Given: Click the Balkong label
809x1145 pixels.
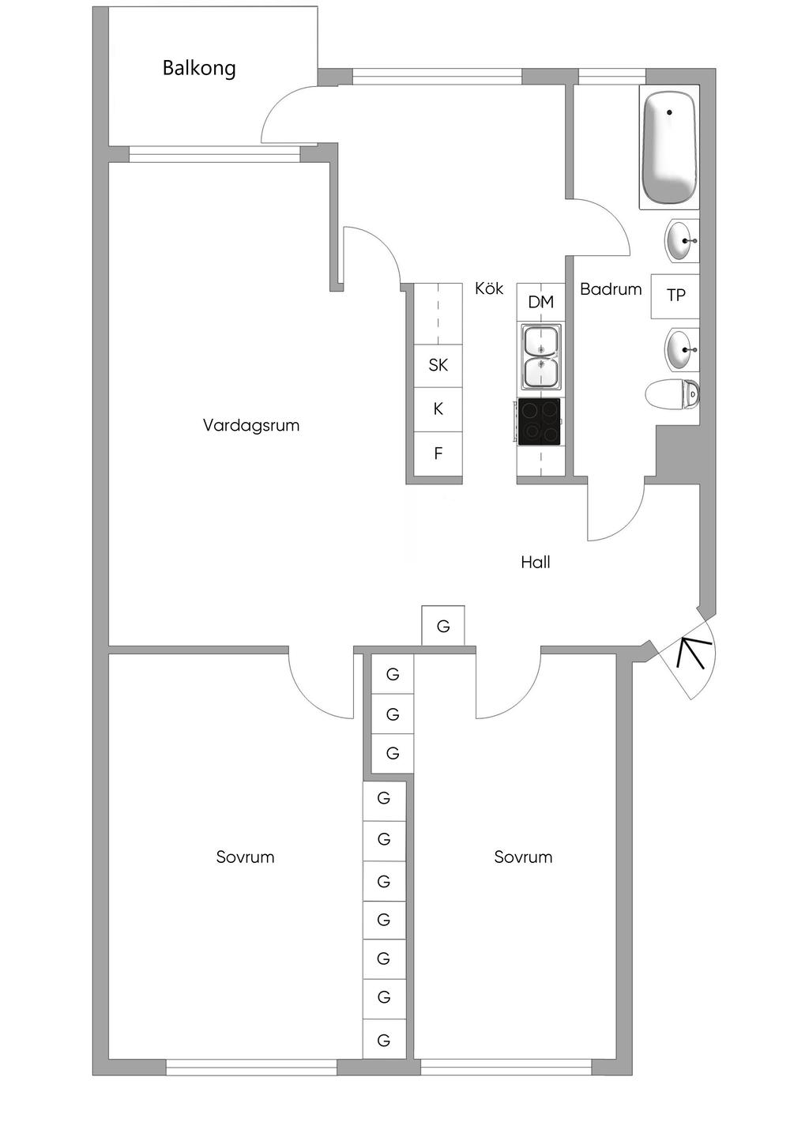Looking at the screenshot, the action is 199,68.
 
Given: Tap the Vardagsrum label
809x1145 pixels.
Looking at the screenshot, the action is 251,425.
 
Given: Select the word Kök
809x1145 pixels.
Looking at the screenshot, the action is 489,288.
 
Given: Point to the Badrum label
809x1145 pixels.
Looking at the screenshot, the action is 611,289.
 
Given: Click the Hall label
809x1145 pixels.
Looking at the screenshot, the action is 536,563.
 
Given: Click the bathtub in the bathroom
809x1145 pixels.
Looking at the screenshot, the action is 669,147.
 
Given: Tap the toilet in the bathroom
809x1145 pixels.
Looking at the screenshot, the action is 672,394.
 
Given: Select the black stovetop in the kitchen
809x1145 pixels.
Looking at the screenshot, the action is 539,422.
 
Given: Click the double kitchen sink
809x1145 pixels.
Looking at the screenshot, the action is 540,356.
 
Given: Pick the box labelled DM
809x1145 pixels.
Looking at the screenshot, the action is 540,302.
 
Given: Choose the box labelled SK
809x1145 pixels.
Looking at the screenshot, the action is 438,366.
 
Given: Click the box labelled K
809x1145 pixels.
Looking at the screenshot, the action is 438,409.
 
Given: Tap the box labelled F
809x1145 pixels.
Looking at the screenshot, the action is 438,454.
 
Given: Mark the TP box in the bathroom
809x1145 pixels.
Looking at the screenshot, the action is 675,296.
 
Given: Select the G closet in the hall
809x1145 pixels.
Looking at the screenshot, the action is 443,626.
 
